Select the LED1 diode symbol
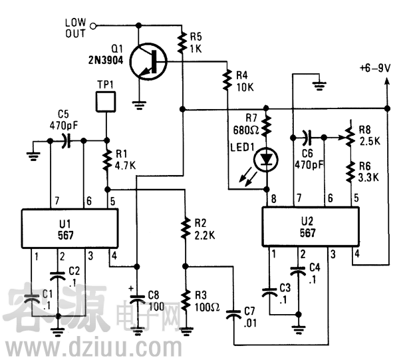[x=268, y=159]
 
